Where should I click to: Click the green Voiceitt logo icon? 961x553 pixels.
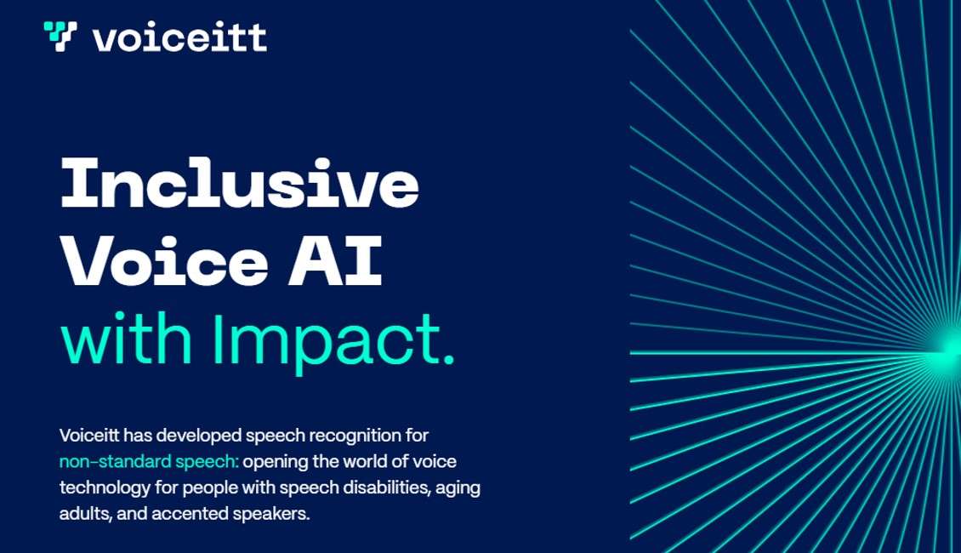[x=60, y=37]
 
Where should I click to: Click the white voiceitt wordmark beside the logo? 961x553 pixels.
[x=179, y=37]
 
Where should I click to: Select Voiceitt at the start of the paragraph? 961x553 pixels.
[x=89, y=436]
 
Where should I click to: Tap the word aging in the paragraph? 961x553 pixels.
[x=459, y=489]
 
